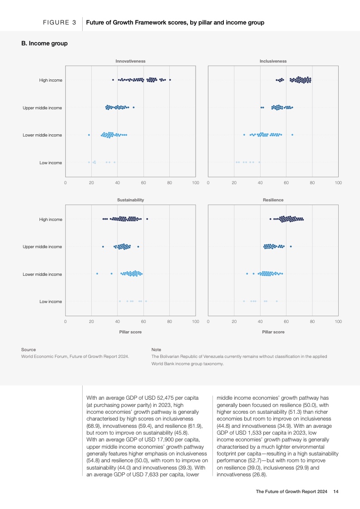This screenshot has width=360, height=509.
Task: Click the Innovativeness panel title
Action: pyautogui.click(x=130, y=61)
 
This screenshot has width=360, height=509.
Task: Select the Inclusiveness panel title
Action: pyautogui.click(x=273, y=61)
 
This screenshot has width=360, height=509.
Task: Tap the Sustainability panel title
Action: pyautogui.click(x=130, y=200)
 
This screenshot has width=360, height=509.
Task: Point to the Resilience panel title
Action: pyautogui.click(x=273, y=200)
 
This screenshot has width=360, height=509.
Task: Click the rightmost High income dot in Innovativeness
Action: pyautogui.click(x=170, y=80)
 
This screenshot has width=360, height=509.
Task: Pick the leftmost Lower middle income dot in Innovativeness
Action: pyautogui.click(x=89, y=135)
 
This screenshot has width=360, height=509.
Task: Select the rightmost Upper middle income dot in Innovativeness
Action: pyautogui.click(x=133, y=108)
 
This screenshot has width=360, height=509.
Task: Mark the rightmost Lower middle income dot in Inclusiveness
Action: pyautogui.click(x=292, y=135)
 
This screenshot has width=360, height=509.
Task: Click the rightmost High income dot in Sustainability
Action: pyautogui.click(x=147, y=219)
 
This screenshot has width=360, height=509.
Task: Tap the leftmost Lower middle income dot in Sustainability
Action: pyautogui.click(x=97, y=274)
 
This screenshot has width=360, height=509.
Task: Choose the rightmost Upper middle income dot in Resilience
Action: pyautogui.click(x=291, y=246)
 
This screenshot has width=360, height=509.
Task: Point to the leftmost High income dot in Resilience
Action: pyautogui.click(x=271, y=219)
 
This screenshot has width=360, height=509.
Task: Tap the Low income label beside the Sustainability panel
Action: pyautogui.click(x=51, y=301)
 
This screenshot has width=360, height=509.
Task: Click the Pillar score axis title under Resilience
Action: pyautogui.click(x=273, y=332)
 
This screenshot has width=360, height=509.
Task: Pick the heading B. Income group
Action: pyautogui.click(x=44, y=44)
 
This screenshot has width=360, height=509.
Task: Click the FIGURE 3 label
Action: pyautogui.click(x=59, y=22)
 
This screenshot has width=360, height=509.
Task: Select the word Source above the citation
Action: pyautogui.click(x=28, y=350)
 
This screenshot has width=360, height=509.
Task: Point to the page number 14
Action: pyautogui.click(x=336, y=492)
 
